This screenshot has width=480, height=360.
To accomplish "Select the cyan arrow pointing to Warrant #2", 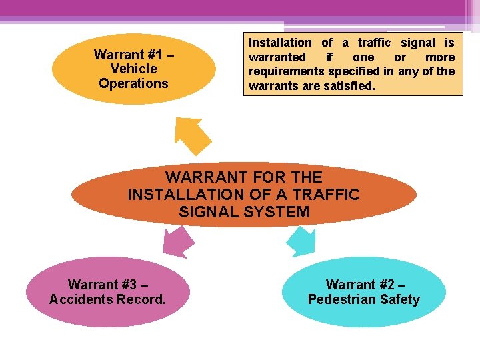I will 303,241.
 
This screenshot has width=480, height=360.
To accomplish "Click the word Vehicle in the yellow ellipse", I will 134,69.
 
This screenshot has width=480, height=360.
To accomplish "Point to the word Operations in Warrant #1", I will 133,83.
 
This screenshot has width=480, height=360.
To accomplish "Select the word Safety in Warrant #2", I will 398,299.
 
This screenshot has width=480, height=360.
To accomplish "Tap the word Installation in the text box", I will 280,43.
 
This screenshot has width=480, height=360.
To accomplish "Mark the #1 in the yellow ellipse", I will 157,54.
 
